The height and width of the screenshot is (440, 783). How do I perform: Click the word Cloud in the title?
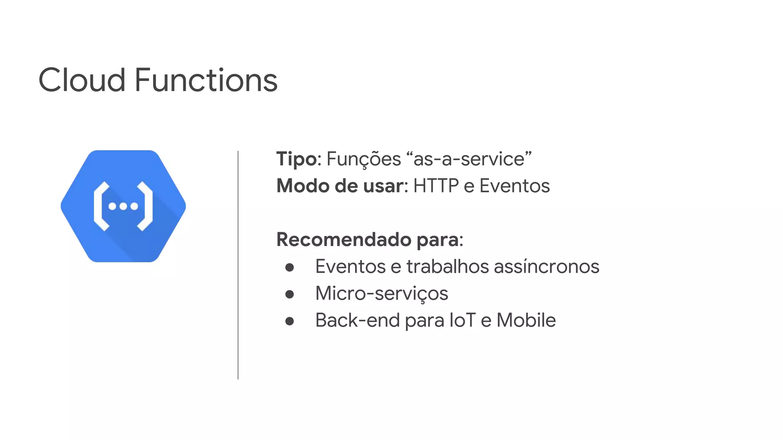pyautogui.click(x=82, y=80)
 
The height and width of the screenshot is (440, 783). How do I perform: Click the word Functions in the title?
pyautogui.click(x=206, y=80)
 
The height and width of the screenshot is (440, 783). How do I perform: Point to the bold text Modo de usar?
pyautogui.click(x=340, y=186)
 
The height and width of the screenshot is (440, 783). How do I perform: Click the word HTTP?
pyautogui.click(x=436, y=186)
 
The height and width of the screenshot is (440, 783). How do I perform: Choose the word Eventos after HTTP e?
pyautogui.click(x=514, y=186)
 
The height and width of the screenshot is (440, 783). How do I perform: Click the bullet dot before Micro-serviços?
pyautogui.click(x=289, y=294)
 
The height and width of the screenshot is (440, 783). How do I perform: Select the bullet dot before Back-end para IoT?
pyautogui.click(x=289, y=321)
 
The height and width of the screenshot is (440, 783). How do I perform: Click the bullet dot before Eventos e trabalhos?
pyautogui.click(x=289, y=267)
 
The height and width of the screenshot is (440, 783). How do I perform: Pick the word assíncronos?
pyautogui.click(x=546, y=267)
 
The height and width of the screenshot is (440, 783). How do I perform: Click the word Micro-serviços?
pyautogui.click(x=381, y=294)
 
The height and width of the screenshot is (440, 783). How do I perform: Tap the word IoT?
pyautogui.click(x=462, y=320)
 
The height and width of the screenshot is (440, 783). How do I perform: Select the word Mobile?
pyautogui.click(x=526, y=320)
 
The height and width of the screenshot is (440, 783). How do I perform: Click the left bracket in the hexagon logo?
pyautogui.click(x=100, y=206)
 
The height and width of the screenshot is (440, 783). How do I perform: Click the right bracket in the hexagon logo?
pyautogui.click(x=146, y=206)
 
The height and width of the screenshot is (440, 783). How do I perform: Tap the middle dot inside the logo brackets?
pyautogui.click(x=123, y=207)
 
